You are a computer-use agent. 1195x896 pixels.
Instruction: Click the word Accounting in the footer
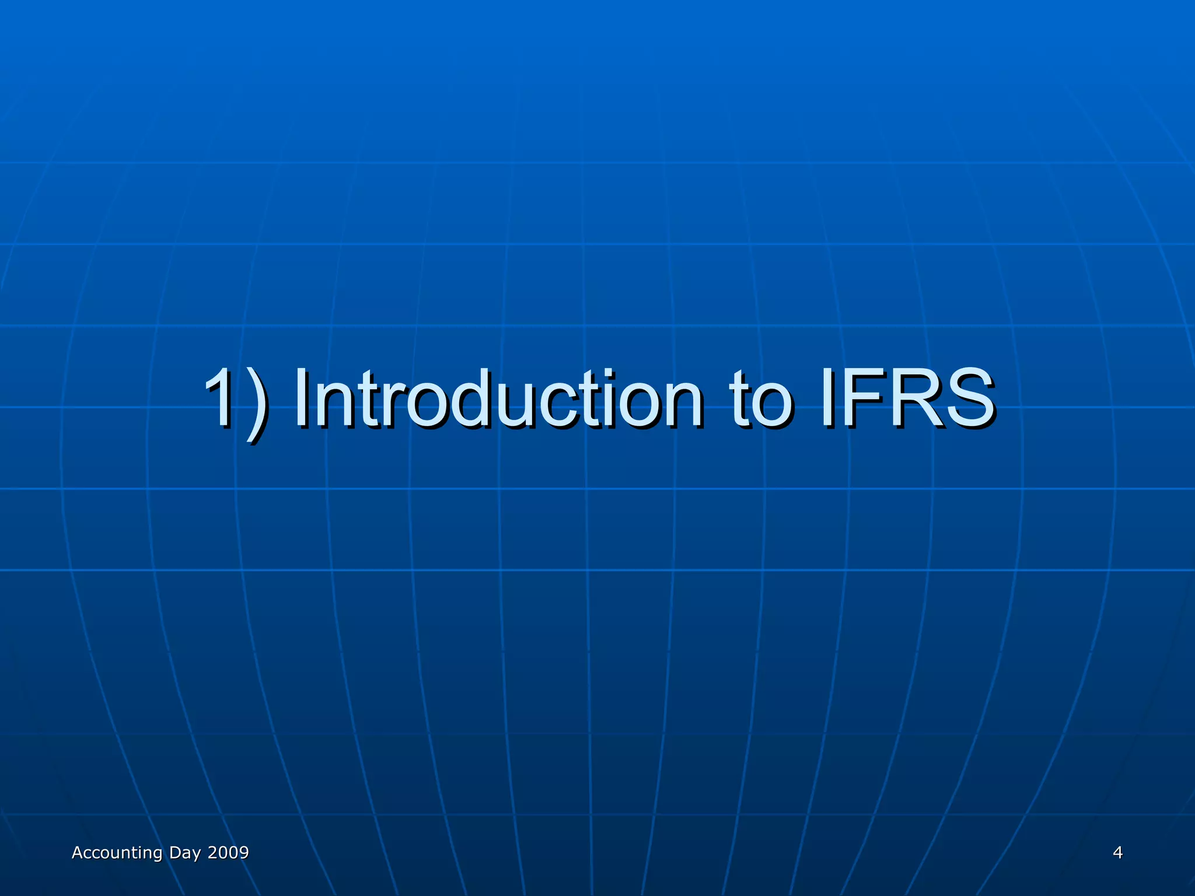pyautogui.click(x=117, y=853)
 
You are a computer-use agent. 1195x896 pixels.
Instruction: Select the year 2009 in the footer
pyautogui.click(x=228, y=853)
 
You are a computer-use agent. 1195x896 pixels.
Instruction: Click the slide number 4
pyautogui.click(x=1117, y=853)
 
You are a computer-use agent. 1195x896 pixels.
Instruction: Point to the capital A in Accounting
pyautogui.click(x=77, y=853)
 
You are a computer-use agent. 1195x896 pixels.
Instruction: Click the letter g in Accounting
pyautogui.click(x=157, y=855)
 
